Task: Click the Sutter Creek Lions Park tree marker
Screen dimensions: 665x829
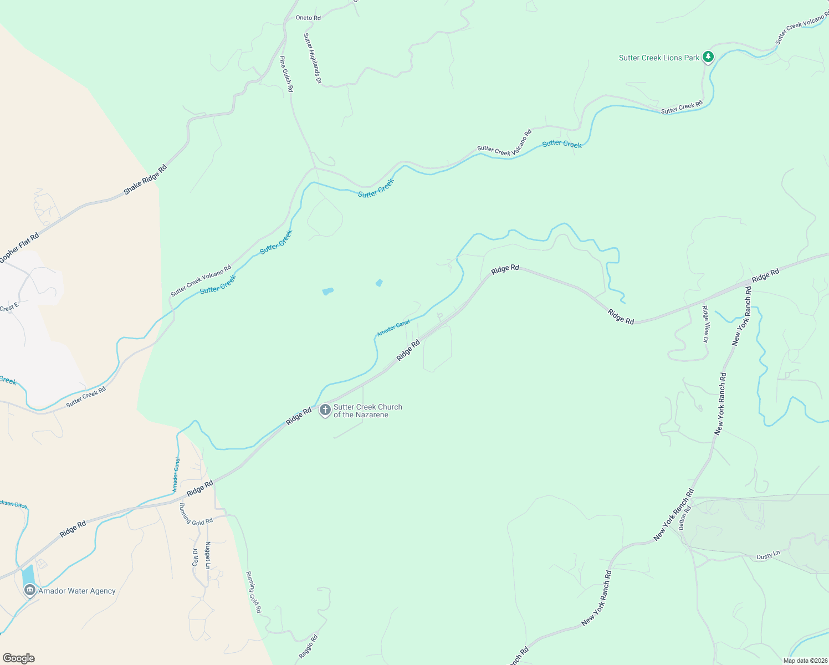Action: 708,57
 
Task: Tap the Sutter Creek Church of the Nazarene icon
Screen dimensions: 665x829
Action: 325,410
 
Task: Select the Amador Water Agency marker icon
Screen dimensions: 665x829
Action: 30,590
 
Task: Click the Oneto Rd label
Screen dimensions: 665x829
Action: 308,18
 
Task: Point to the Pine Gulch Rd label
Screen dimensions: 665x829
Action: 286,74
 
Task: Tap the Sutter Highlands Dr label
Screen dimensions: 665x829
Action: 313,58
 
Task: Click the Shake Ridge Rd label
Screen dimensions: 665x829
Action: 145,180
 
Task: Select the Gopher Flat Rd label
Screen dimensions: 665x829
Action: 19,247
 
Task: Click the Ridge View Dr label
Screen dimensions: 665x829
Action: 705,324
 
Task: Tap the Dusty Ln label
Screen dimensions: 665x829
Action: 768,555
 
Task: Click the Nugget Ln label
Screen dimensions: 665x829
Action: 208,555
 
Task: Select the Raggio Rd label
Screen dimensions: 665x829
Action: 309,646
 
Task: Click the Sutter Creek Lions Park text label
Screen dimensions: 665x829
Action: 659,58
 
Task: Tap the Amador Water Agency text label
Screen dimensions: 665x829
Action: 77,591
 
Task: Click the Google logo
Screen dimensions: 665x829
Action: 18,658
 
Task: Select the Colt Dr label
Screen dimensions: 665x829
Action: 195,557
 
